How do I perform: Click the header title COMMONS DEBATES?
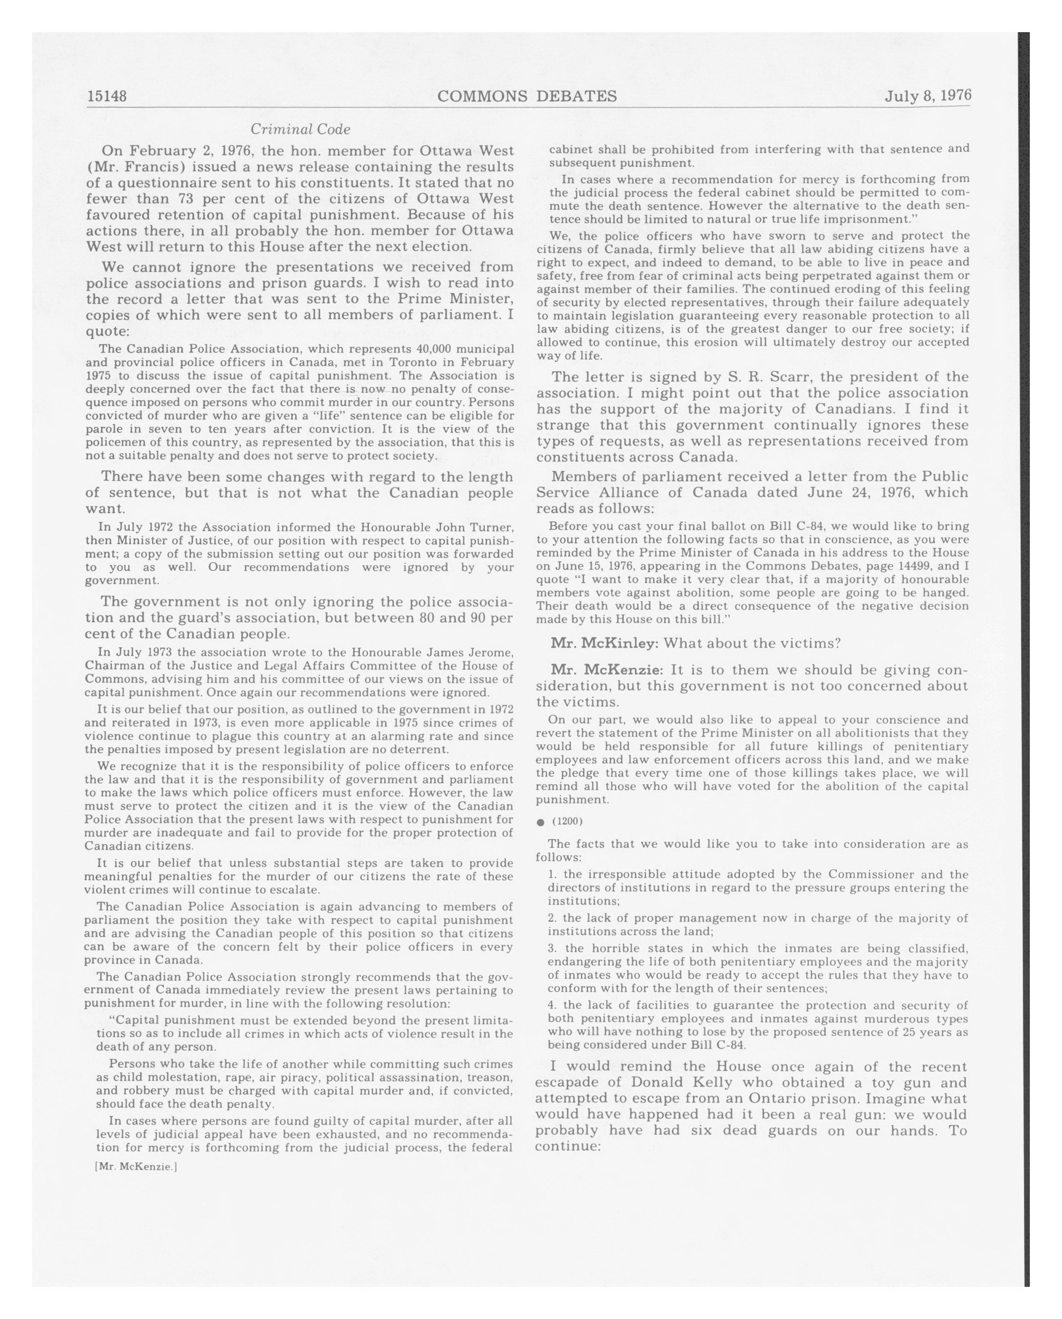tap(527, 96)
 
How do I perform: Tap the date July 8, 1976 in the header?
tap(927, 96)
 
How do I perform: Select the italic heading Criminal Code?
tap(300, 129)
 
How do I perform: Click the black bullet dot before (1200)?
tap(541, 822)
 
